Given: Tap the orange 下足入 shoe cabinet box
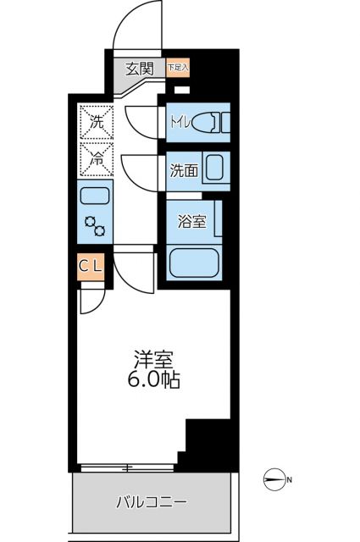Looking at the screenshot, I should (178, 66).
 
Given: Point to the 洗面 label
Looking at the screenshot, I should (184, 169).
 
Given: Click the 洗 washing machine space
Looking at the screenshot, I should (96, 120).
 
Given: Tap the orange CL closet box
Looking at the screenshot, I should (91, 266).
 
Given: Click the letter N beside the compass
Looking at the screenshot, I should (289, 481).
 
